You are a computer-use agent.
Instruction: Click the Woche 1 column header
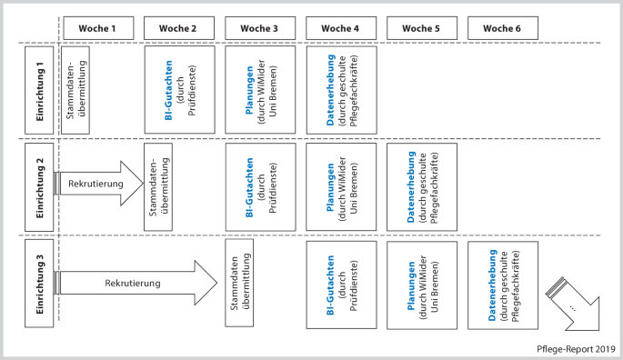click(x=98, y=28)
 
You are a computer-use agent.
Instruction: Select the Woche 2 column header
click(x=179, y=28)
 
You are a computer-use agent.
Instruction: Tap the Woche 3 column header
click(x=260, y=28)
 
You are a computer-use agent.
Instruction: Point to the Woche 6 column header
click(x=502, y=28)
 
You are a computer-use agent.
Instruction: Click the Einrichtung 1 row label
click(x=38, y=88)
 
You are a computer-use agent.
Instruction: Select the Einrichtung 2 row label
click(x=38, y=187)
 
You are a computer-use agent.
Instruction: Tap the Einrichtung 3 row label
click(x=38, y=284)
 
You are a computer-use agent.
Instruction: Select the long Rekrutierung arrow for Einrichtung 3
click(x=136, y=283)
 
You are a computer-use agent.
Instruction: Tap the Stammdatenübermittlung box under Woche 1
click(x=76, y=88)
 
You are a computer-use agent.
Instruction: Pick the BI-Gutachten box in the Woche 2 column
click(x=179, y=88)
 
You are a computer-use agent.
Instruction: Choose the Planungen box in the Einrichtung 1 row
click(x=260, y=88)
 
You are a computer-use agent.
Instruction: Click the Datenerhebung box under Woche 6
click(x=502, y=284)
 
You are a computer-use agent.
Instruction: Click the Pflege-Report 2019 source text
click(x=576, y=347)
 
